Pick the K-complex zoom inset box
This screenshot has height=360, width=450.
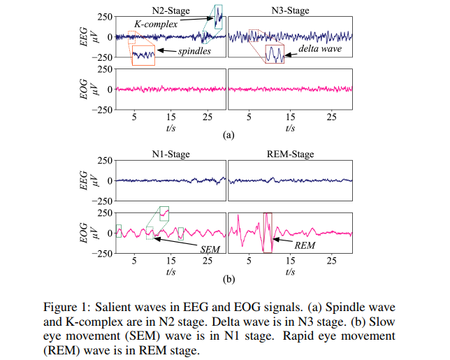(219, 15)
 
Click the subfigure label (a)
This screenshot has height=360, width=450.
(228, 134)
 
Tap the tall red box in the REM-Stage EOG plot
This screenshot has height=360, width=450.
(267, 233)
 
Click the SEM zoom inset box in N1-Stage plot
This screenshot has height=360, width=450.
(164, 213)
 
